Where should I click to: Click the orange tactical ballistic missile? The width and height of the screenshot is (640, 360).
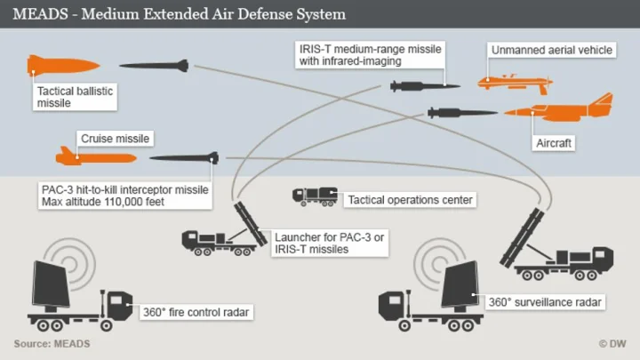[58, 65]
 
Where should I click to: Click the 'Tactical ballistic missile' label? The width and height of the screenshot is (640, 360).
[76, 97]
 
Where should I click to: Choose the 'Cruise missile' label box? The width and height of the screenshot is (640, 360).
[115, 139]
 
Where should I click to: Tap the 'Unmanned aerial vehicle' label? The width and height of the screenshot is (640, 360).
[552, 51]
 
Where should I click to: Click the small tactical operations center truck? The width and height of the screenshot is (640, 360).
[315, 196]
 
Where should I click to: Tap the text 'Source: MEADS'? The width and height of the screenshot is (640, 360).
[52, 343]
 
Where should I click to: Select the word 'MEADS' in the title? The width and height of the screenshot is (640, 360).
[37, 15]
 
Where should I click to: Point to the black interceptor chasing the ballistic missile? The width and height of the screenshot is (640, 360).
[154, 65]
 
